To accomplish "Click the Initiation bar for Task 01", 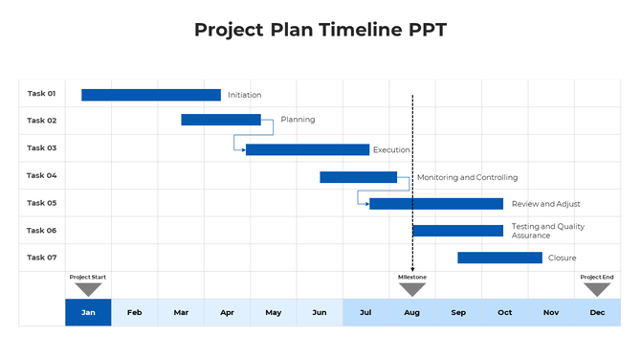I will click(x=151, y=95).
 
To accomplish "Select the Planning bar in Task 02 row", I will click(x=221, y=120).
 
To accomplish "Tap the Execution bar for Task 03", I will click(x=307, y=149).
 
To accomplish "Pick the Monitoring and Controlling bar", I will click(x=358, y=177).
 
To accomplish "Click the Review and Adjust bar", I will click(x=436, y=204).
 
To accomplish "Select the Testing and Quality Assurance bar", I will click(x=457, y=231).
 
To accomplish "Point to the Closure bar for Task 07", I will click(x=499, y=258).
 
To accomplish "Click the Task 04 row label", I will click(x=42, y=175).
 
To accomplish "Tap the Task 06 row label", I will click(x=42, y=230).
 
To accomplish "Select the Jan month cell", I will click(x=88, y=312).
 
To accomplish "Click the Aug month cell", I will click(x=412, y=312).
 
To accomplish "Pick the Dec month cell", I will click(x=597, y=312).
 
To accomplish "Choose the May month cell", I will click(x=274, y=312).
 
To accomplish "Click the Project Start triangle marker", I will click(x=88, y=289).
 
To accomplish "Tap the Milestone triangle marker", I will click(x=412, y=289).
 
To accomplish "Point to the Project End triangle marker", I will click(x=597, y=289).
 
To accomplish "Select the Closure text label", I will click(x=562, y=258).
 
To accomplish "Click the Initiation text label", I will click(x=244, y=95).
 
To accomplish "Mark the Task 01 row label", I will click(x=42, y=94).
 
